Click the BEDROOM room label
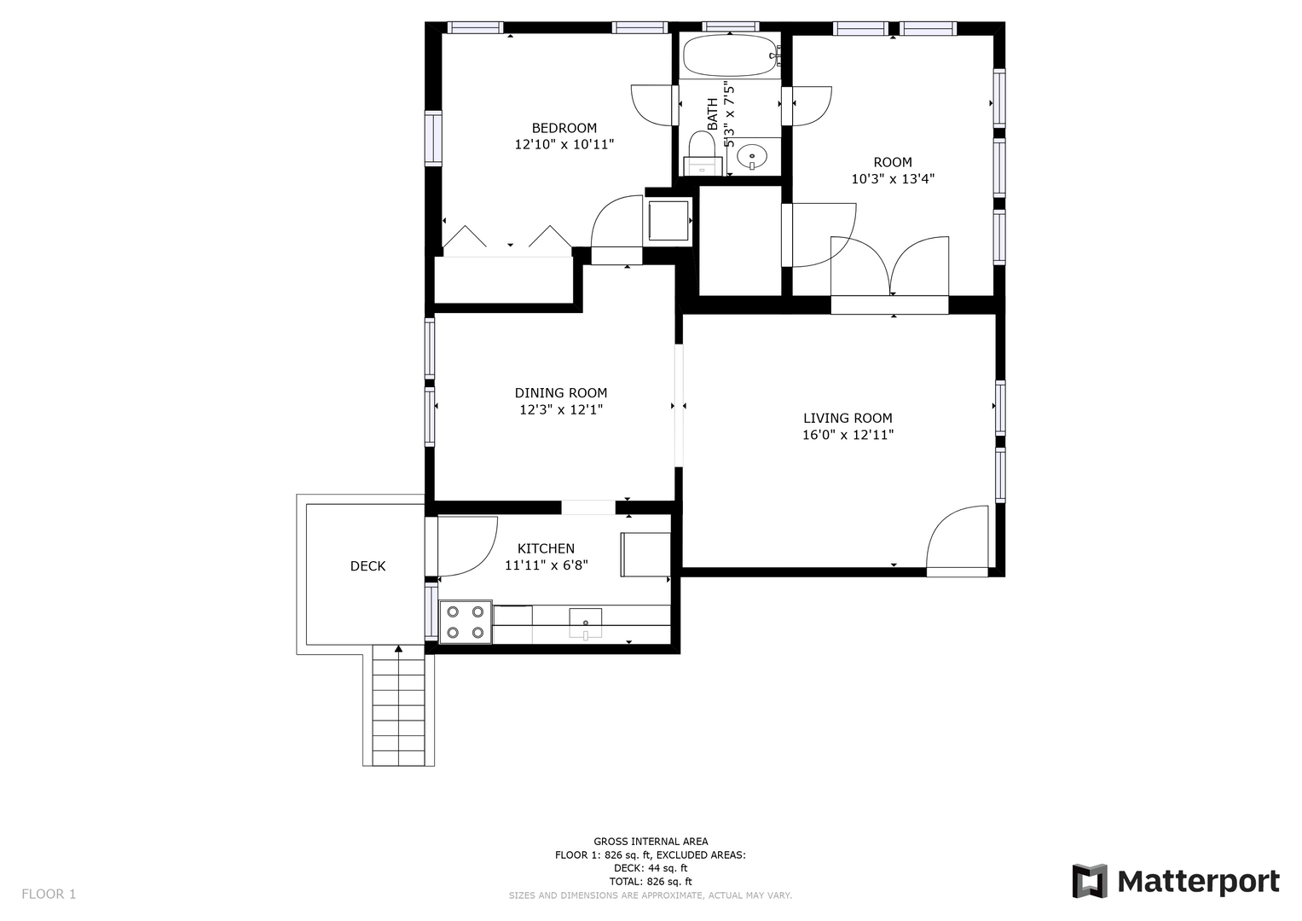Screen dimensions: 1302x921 564,128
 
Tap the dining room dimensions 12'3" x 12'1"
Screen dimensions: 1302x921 561,410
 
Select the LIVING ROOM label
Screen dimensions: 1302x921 848,418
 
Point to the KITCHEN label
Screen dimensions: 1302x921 546,548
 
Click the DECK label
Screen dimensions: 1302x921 367,566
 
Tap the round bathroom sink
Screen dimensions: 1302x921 752,156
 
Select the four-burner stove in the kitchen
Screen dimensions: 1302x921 466,622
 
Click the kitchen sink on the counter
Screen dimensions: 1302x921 585,623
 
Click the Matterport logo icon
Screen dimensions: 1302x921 1090,881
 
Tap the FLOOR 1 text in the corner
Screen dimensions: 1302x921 49,895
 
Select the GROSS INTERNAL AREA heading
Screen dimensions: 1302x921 651,842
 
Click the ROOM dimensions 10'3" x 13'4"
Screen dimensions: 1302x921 893,179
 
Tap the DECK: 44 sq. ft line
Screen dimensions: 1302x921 651,868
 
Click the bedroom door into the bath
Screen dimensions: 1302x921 651,105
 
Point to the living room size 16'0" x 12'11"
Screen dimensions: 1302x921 848,435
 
